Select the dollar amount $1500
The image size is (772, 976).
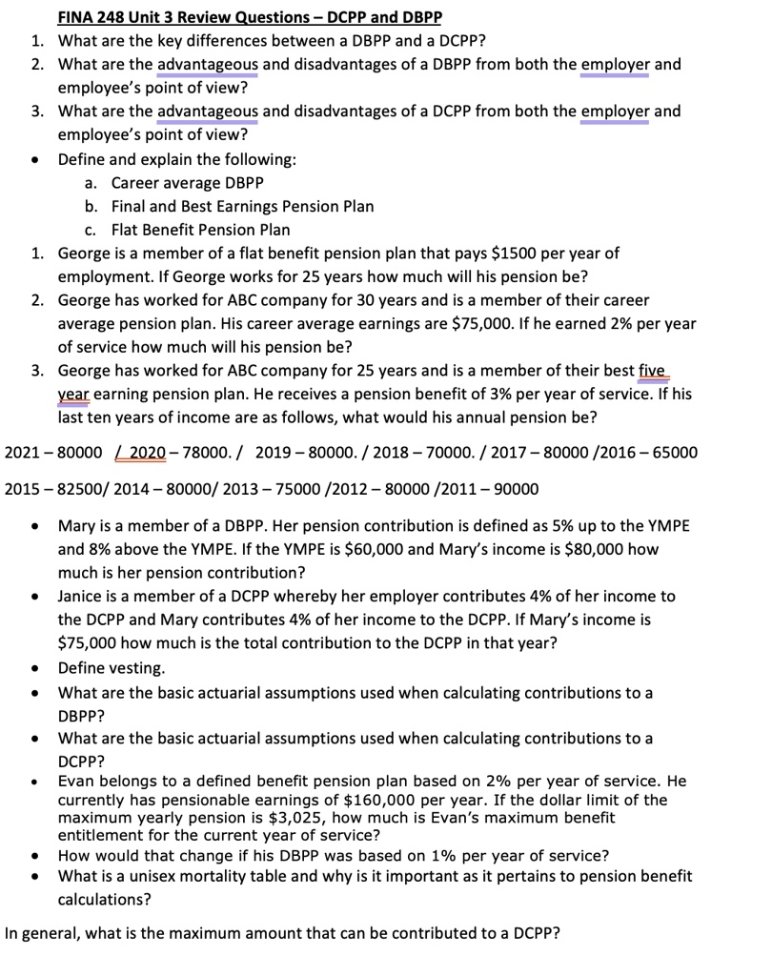(516, 254)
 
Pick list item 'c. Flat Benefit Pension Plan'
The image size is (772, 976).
(187, 230)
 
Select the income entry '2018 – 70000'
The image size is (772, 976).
(416, 452)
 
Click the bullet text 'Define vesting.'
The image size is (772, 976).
(112, 667)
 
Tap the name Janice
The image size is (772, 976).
(83, 596)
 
